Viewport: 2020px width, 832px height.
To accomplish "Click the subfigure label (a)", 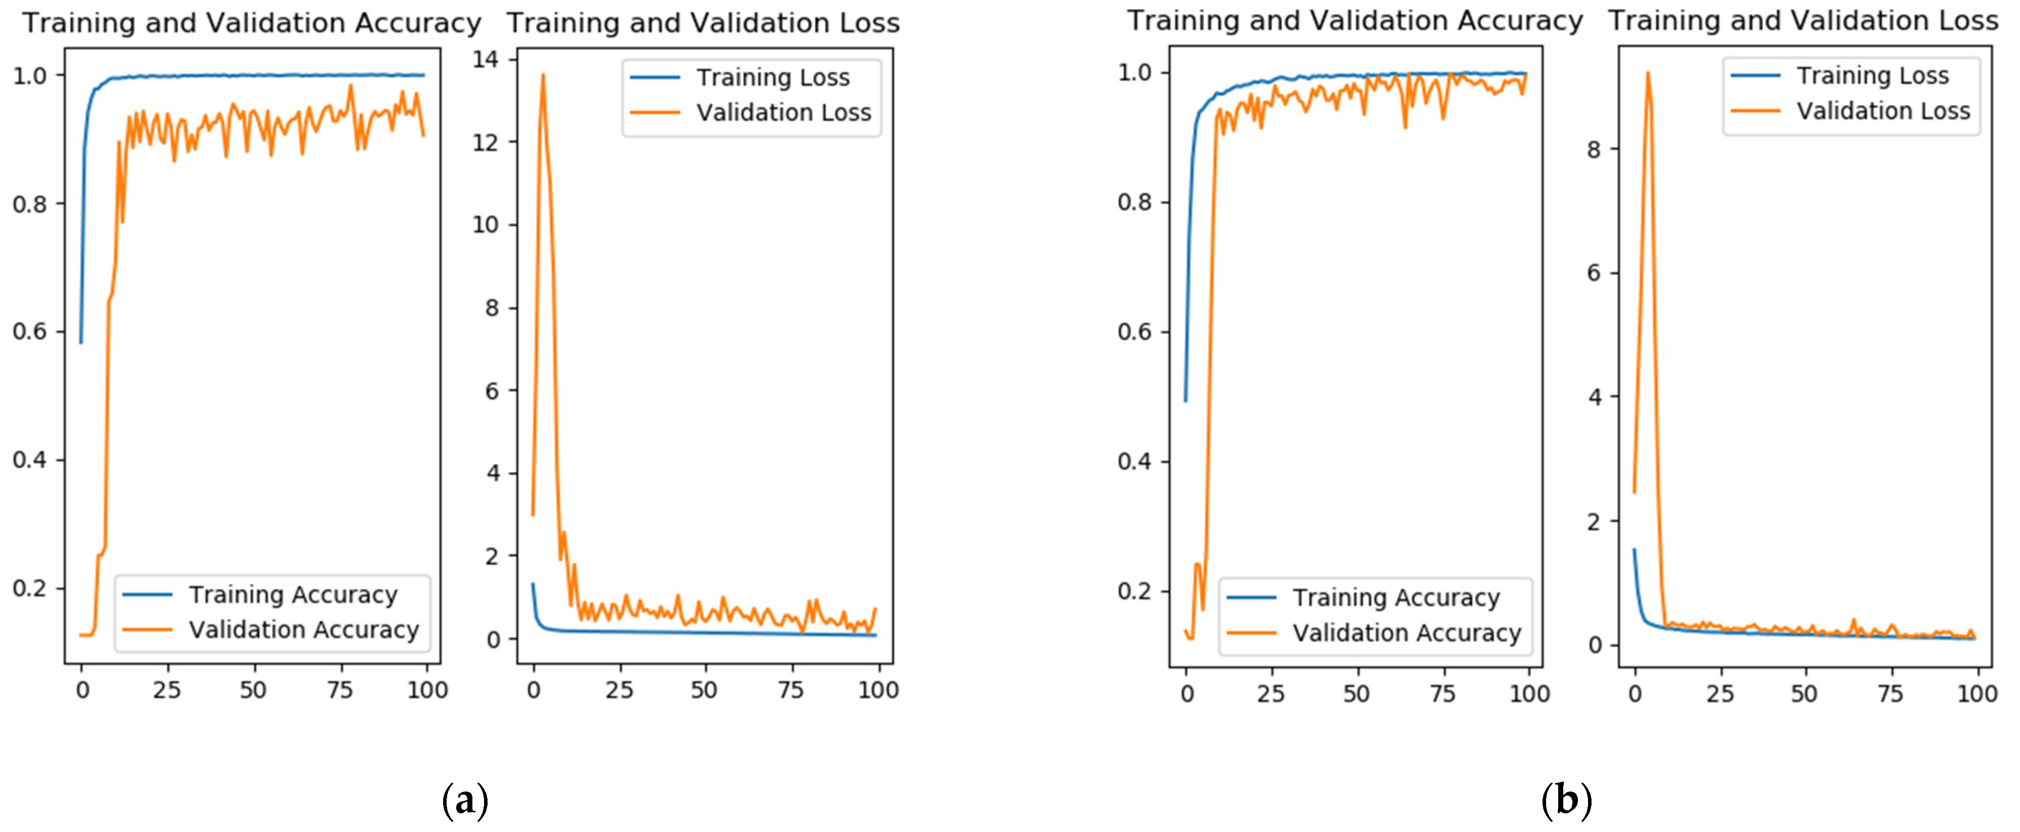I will (x=466, y=801).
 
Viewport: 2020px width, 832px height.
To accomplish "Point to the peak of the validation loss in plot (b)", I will (x=1648, y=73).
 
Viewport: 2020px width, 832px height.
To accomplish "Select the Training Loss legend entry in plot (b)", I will (x=1872, y=76).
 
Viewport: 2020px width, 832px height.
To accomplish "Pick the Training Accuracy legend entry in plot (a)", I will (x=293, y=595).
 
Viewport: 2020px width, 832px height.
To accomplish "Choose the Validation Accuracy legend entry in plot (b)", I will (x=1407, y=633).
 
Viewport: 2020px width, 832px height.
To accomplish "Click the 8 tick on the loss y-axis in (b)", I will (x=1594, y=149).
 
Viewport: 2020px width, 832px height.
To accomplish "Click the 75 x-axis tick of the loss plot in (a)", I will (x=790, y=690).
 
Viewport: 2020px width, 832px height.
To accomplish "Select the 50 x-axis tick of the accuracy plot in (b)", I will (x=1357, y=694).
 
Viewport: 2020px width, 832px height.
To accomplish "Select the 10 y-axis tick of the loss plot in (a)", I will (x=486, y=225).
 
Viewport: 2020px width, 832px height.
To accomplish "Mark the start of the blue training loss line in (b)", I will (x=1634, y=549).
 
